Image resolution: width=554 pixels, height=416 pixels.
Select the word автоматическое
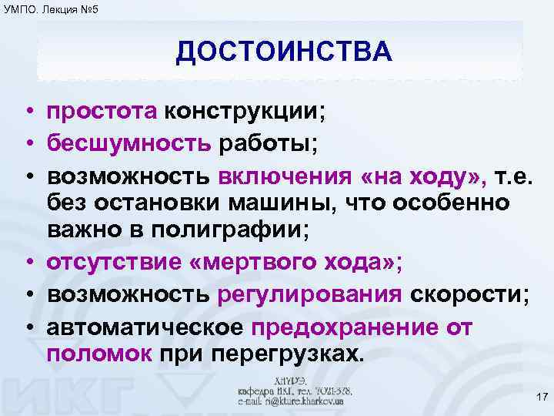pyautogui.click(x=145, y=324)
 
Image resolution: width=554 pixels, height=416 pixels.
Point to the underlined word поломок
pyautogui.click(x=100, y=354)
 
